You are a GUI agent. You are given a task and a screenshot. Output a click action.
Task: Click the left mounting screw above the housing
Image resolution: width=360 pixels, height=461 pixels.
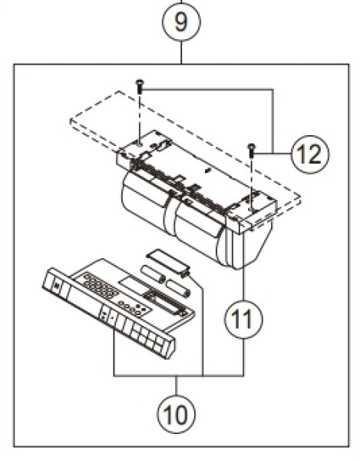[x=139, y=86]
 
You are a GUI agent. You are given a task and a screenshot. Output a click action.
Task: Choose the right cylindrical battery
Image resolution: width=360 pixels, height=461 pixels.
[x=177, y=289]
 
